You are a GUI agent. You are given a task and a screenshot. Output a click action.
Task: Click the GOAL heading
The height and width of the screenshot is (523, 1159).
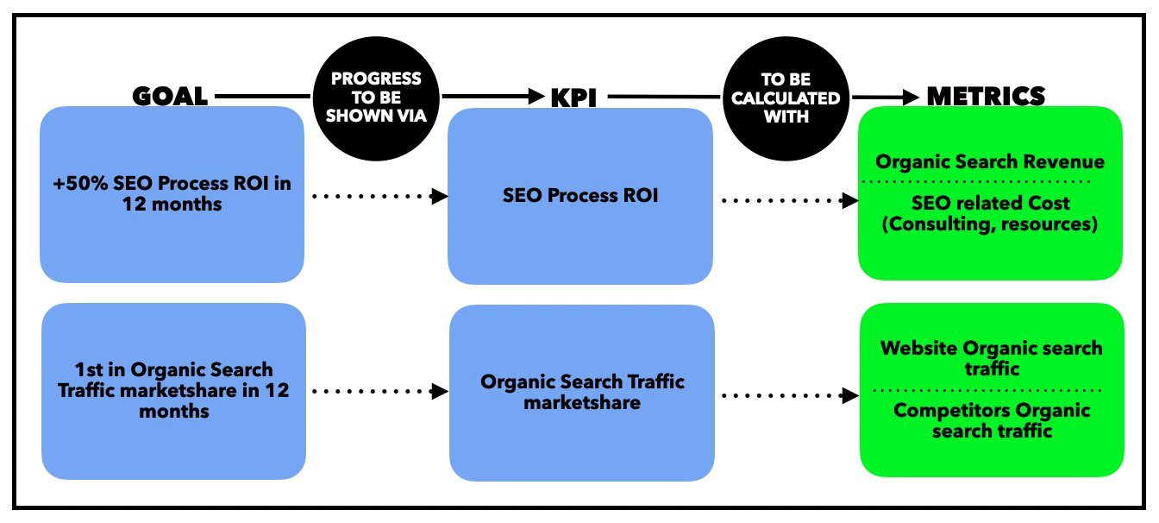(170, 95)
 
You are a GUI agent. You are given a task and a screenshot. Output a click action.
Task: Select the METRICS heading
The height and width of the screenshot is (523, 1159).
(986, 95)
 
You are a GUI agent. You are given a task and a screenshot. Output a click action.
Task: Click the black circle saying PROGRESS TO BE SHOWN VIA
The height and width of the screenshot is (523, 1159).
(377, 97)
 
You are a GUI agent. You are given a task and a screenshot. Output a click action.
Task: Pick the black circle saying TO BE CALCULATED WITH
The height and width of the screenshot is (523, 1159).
(786, 97)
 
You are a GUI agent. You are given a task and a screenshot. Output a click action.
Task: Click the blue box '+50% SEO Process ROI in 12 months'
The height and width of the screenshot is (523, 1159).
(172, 194)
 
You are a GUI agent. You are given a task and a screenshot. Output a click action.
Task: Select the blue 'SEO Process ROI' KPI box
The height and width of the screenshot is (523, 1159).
(580, 195)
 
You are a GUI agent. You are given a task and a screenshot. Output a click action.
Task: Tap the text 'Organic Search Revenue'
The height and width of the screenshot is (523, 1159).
(990, 161)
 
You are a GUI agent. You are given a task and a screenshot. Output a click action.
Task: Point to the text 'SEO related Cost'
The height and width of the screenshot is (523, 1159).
(990, 204)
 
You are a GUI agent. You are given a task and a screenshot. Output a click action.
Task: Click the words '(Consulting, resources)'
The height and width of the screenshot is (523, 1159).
(990, 225)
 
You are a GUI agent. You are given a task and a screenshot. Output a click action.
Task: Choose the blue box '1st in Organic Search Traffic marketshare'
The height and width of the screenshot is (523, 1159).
(173, 391)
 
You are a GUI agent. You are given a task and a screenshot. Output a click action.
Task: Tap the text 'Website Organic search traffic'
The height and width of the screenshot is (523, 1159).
(991, 358)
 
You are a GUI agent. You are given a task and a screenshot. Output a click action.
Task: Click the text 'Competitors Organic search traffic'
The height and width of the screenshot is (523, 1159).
(992, 420)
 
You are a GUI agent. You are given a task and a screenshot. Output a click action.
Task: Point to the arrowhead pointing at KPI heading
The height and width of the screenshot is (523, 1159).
(536, 97)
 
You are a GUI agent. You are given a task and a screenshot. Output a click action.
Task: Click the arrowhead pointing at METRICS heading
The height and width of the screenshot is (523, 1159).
(912, 98)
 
